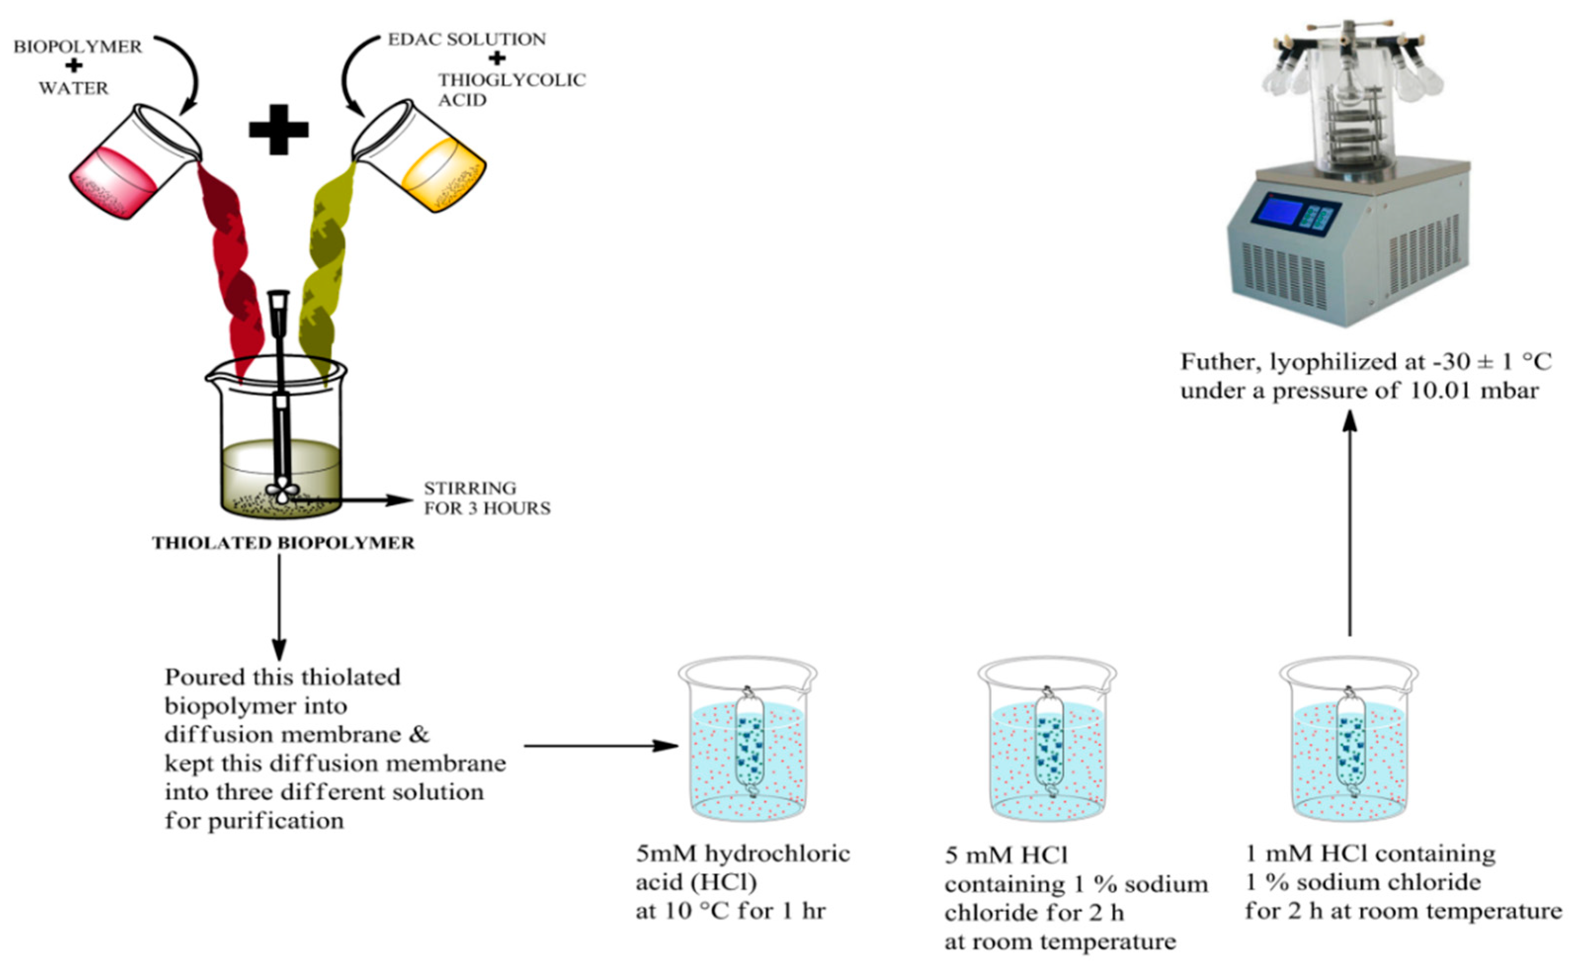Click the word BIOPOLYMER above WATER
pyautogui.click(x=78, y=47)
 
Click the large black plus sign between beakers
pyautogui.click(x=279, y=130)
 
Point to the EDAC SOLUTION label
pyautogui.click(x=467, y=39)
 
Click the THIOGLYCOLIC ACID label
pyautogui.click(x=512, y=89)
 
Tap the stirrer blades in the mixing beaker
pyautogui.click(x=282, y=494)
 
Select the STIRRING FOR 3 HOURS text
pyautogui.click(x=486, y=498)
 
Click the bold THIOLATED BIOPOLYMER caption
pyautogui.click(x=283, y=543)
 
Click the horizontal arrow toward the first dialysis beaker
pyautogui.click(x=601, y=746)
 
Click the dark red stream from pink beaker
pyautogui.click(x=232, y=270)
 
